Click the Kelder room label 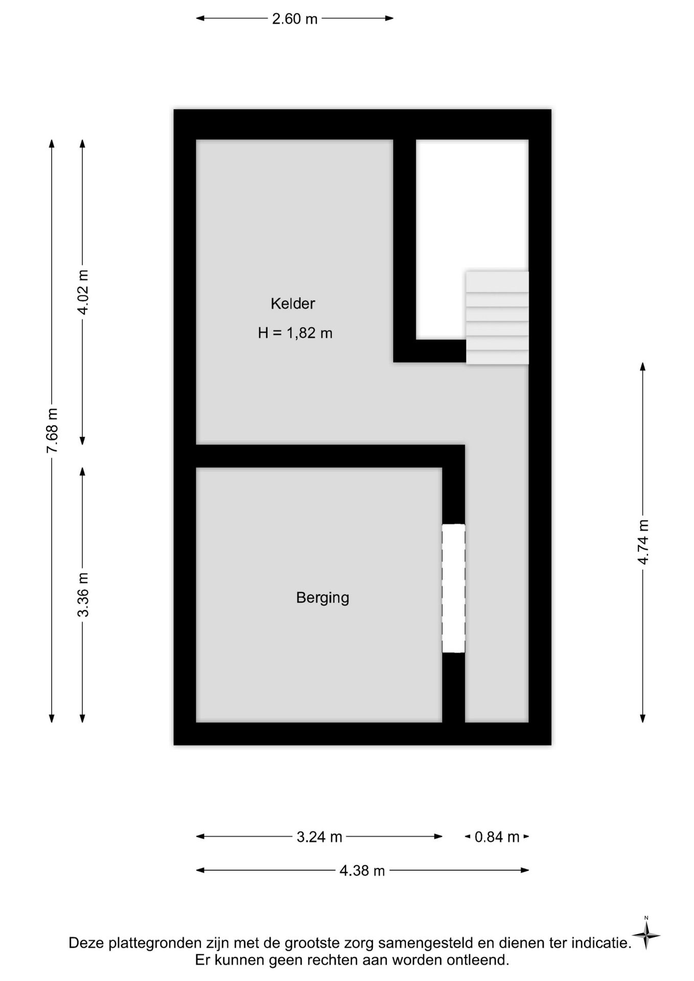(293, 303)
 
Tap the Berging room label (322, 598)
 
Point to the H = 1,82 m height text (295, 333)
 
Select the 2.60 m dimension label (295, 19)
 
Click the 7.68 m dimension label (52, 431)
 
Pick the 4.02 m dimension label (83, 292)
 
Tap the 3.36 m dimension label (83, 595)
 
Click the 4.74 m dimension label (643, 542)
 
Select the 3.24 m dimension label (319, 837)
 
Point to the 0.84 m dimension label (497, 837)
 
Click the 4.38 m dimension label (362, 871)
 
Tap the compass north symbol (646, 935)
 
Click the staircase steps (497, 318)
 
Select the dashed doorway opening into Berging (454, 588)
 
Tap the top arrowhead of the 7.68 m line (52, 143)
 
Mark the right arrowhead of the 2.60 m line (389, 18)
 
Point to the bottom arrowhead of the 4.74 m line (643, 718)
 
